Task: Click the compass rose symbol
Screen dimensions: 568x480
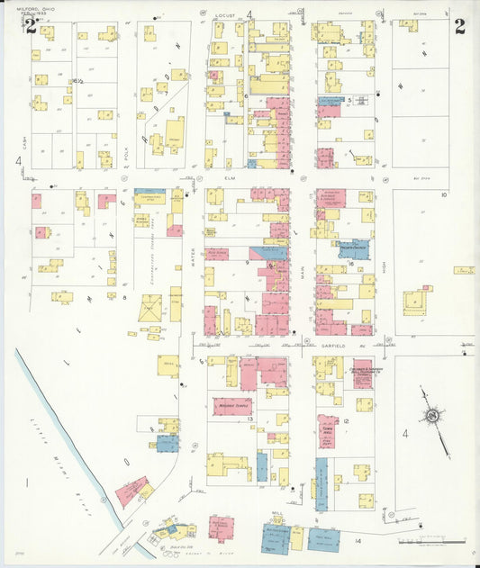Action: [x=434, y=416]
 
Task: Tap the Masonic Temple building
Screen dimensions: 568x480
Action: [x=231, y=406]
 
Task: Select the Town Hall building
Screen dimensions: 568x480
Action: [x=328, y=430]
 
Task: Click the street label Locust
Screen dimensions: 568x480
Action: [x=226, y=16]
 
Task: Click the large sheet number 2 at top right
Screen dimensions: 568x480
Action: [x=459, y=25]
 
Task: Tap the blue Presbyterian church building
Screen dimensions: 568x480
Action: [x=355, y=248]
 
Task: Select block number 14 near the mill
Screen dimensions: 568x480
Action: [x=358, y=539]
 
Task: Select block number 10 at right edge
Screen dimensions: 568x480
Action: [x=443, y=194]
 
